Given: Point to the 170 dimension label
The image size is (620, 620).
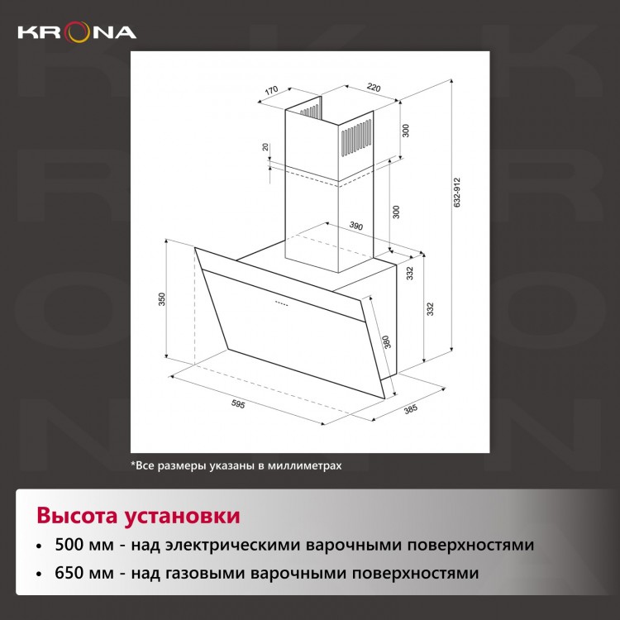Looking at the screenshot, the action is pos(271,91).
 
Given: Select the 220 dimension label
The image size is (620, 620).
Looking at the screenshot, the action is pos(374,87).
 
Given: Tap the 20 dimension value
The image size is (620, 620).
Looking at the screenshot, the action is pos(265,146).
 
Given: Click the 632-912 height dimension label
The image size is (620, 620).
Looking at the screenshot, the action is pos(457,193).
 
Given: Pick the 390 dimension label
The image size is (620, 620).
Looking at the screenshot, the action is pos(355,226).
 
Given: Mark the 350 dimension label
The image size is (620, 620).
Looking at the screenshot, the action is pos(162,299).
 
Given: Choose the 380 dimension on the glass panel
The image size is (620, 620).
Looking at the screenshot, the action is pos(386,341).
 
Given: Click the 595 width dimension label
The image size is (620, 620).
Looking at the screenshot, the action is pos(238,403).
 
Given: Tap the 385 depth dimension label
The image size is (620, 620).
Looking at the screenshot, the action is pos(410,409).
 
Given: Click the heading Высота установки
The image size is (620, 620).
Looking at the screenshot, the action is pos(138,517).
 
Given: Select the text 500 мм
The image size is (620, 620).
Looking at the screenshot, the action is pos(84,545).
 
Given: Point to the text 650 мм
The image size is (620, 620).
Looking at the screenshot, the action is pos(84,573).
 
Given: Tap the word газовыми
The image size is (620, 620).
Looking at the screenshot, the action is pos(205,573).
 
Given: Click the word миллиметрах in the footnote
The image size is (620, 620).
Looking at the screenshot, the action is pos(304,465).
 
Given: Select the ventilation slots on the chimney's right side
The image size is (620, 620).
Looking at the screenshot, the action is pos(356,137).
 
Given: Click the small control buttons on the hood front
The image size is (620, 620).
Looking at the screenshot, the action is pos(281,303).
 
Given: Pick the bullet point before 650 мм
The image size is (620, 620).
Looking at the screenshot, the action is pos(39,574).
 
